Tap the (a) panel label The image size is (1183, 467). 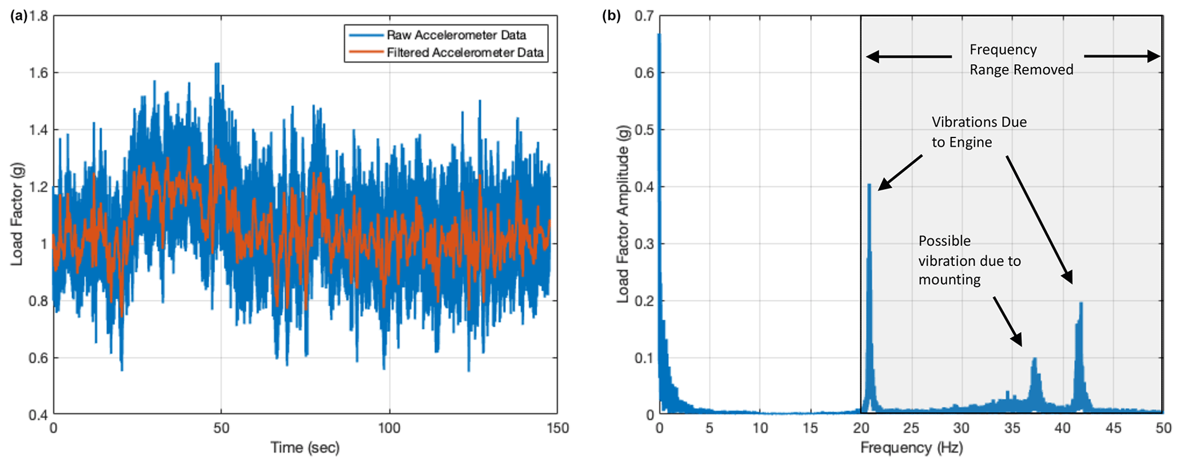pos(19,16)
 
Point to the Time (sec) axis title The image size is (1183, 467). pos(305,448)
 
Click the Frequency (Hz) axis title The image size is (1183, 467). pos(911,448)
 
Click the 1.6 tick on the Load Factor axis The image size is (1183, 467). pos(38,73)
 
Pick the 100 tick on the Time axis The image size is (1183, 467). pos(389,428)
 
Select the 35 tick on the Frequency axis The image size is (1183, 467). pos(1012,428)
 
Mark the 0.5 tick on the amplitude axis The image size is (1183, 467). pos(644,129)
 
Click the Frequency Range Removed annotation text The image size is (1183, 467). pos(1020,60)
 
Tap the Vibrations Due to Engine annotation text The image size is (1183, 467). pos(979,132)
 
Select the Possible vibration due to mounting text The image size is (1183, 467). pos(969,260)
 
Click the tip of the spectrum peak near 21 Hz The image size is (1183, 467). pos(869,185)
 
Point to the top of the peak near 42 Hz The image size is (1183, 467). pos(1081,303)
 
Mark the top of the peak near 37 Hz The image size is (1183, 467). pos(1035,359)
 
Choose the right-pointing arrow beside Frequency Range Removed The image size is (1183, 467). pos(1122,56)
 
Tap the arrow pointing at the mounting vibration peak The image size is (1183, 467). pos(1007,321)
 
